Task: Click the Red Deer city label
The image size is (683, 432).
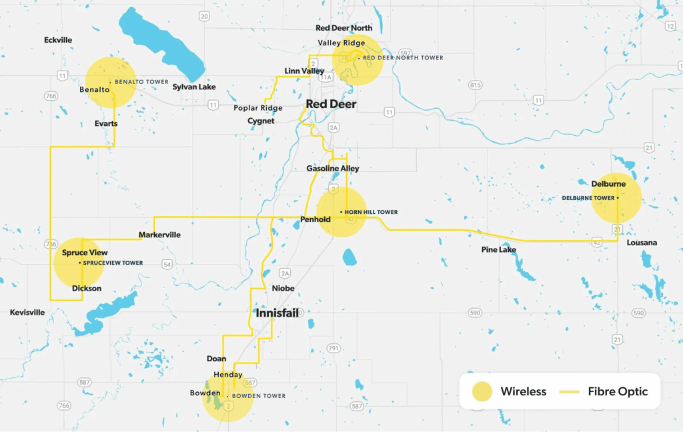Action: coord(331,105)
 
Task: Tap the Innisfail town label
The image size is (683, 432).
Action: coord(277,313)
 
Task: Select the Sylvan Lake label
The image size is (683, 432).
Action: coord(194,87)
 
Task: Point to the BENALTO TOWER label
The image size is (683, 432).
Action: coord(141,82)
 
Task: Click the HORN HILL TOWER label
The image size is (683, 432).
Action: coord(371,212)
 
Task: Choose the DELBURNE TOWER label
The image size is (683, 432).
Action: coord(588,198)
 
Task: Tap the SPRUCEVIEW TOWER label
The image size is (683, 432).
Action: coord(113,263)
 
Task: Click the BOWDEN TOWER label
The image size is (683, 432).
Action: coord(259,396)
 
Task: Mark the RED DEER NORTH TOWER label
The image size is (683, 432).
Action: coord(403,58)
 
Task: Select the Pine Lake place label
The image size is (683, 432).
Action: coord(499,250)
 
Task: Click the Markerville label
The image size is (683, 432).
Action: coord(159,235)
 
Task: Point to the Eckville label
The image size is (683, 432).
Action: coord(58,40)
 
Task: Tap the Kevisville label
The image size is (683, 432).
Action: coord(27,312)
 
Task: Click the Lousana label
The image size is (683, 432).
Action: coord(642,243)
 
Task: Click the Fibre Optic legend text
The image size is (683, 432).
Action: coord(618,391)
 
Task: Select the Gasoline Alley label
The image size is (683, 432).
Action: coord(333,169)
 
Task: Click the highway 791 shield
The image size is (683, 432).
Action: coord(334,348)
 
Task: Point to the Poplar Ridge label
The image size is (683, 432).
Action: coord(258,108)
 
